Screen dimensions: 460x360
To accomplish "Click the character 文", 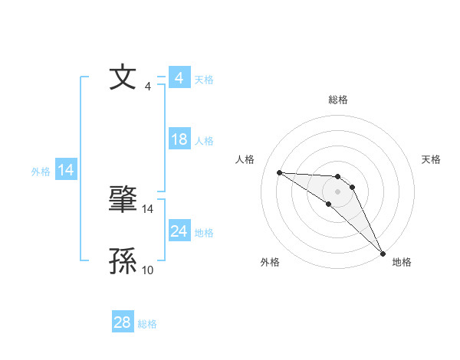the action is [x=123, y=78].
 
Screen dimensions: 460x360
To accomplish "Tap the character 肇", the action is [x=123, y=201].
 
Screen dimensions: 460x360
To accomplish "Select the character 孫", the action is [x=123, y=262].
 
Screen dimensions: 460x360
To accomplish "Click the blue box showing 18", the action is [x=179, y=139].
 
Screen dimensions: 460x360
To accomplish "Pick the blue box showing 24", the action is [x=179, y=231].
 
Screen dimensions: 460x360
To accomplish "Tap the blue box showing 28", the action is [x=123, y=323].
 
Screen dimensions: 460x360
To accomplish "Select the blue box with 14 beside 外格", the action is [x=66, y=170].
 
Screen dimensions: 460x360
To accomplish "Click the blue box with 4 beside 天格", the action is [x=179, y=78].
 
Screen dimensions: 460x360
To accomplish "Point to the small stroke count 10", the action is [x=148, y=270].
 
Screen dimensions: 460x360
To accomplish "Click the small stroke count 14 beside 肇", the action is [x=148, y=208].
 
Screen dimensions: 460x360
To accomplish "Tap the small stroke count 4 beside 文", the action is [x=148, y=87].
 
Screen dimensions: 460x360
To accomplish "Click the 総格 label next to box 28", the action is [x=147, y=324].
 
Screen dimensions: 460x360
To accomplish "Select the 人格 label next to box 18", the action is [x=204, y=141].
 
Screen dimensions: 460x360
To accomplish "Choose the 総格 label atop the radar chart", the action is [x=338, y=100].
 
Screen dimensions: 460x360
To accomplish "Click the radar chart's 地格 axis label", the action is [x=402, y=262].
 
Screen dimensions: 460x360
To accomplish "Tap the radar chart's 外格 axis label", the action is [x=270, y=262].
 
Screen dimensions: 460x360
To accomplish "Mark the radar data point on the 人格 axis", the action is [x=279, y=172].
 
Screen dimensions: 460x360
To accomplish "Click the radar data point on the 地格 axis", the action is [x=383, y=254].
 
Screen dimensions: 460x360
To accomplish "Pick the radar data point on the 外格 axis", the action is [x=328, y=204].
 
